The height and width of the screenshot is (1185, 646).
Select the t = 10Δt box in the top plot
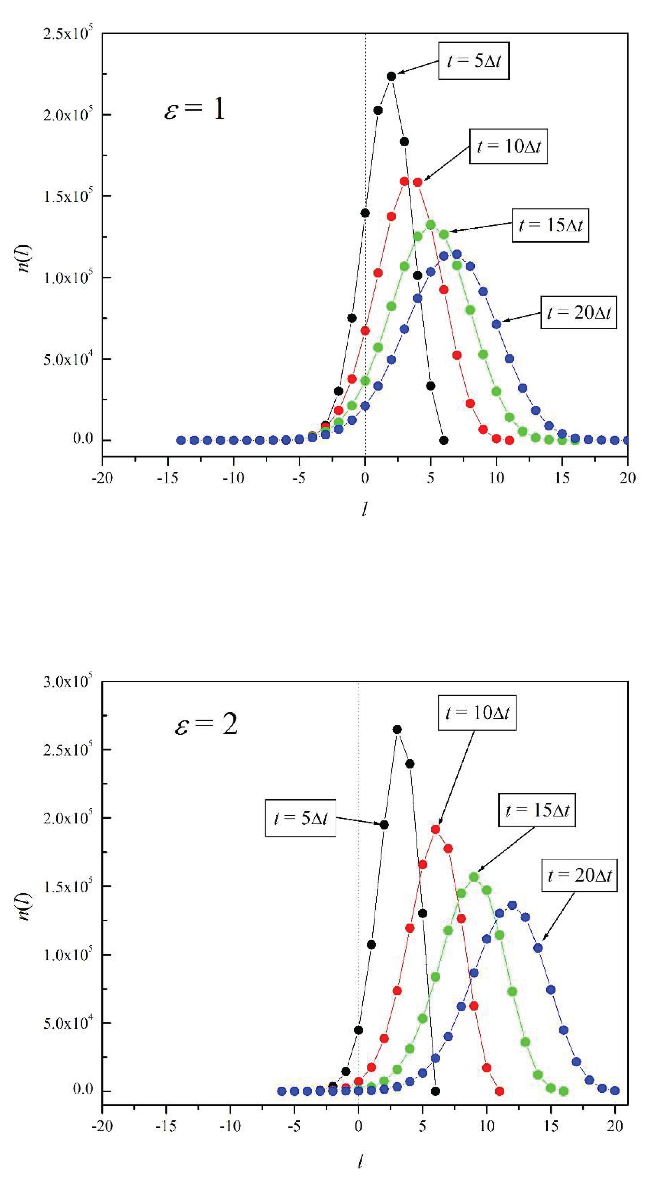pos(508,146)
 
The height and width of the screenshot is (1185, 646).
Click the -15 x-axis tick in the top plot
pos(168,478)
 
